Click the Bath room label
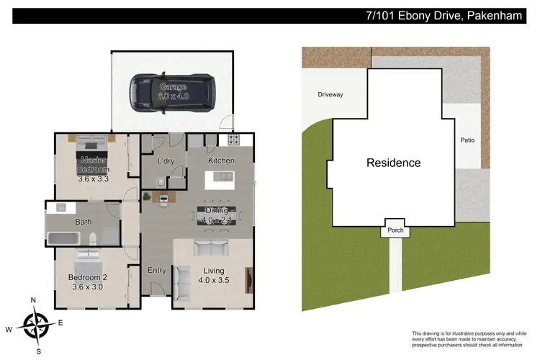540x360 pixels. click(x=84, y=222)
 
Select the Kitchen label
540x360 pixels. click(x=221, y=161)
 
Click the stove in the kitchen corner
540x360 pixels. click(x=233, y=140)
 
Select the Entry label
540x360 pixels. click(x=157, y=271)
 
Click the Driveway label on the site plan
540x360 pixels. click(x=330, y=94)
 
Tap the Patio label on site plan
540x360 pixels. click(x=467, y=141)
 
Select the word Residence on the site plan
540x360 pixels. click(x=393, y=163)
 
